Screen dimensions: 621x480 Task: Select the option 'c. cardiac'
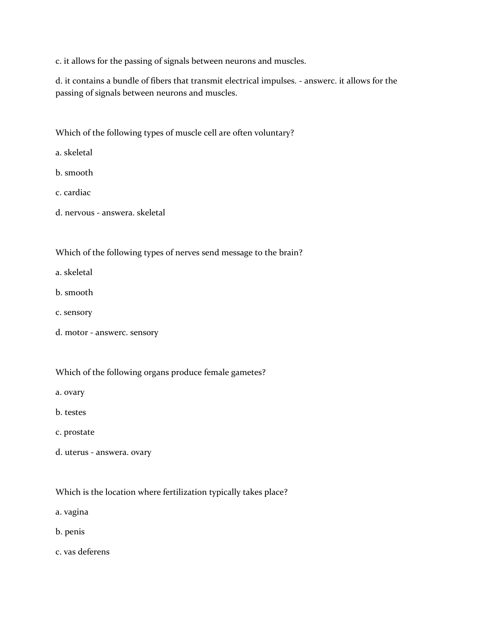coord(73,193)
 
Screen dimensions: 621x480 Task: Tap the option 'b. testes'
coord(71,413)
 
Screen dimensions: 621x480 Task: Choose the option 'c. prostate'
coord(75,432)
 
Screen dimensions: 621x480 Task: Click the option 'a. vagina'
coord(72,512)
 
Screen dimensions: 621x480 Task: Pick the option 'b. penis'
coord(70,532)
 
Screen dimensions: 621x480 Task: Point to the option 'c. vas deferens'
coord(82,552)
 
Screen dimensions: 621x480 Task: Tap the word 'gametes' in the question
coord(246,373)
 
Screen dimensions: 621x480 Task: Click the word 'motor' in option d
coord(76,333)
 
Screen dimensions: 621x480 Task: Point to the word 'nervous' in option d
coord(79,213)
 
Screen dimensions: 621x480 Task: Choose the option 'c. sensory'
coord(74,313)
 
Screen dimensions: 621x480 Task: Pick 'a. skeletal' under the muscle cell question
coord(74,153)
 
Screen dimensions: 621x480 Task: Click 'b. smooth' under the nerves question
coord(74,293)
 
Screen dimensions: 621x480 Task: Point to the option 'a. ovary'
coord(70,392)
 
